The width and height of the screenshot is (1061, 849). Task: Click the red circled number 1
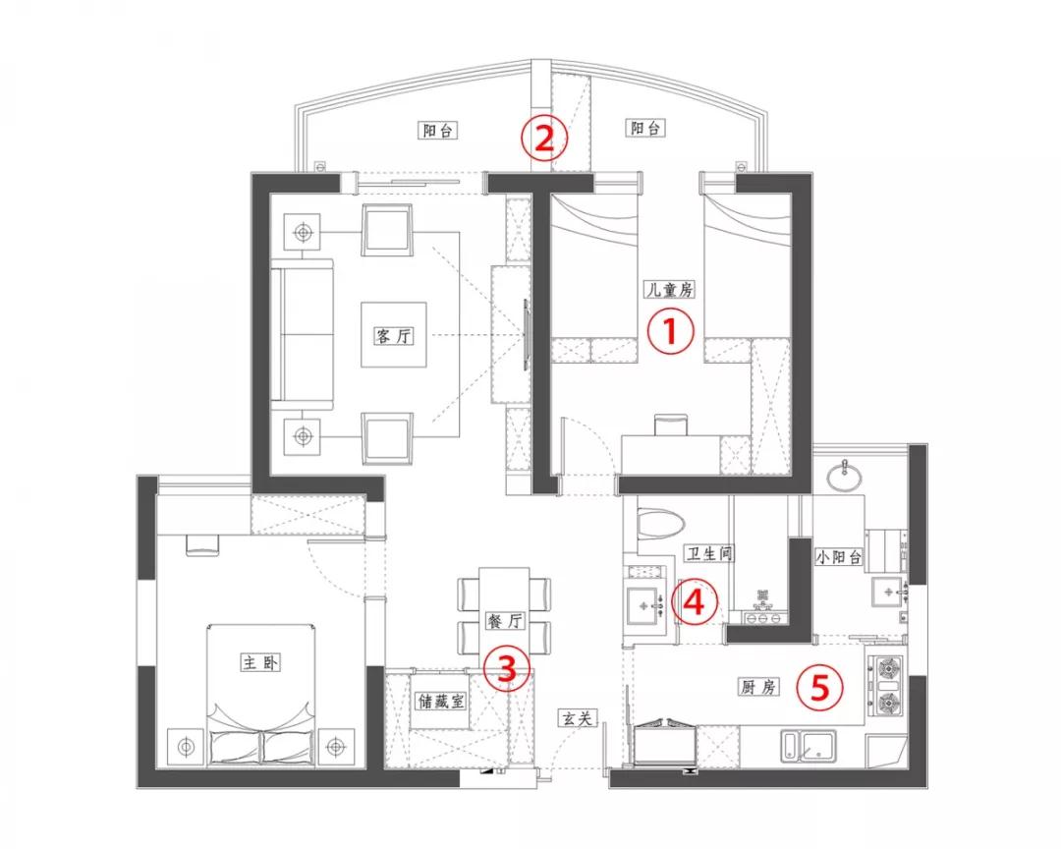671,332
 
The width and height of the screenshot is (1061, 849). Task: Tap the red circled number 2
544,139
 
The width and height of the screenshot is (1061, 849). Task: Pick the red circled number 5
819,687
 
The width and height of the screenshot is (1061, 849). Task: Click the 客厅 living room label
393,335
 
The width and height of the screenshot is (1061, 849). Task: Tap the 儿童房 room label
669,290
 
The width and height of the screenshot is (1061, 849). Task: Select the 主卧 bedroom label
260,661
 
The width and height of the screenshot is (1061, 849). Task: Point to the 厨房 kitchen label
757,687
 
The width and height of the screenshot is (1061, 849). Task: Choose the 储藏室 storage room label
440,701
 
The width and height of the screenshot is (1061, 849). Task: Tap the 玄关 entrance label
578,717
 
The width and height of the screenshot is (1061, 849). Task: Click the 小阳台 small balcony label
839,556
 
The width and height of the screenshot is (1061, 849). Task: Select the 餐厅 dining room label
506,621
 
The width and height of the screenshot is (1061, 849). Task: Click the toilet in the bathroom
660,523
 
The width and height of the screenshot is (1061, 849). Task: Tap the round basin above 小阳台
845,476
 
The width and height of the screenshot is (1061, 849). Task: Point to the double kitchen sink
810,747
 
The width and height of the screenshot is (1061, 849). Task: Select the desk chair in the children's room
671,425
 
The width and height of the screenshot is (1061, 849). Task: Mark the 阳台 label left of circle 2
438,130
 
